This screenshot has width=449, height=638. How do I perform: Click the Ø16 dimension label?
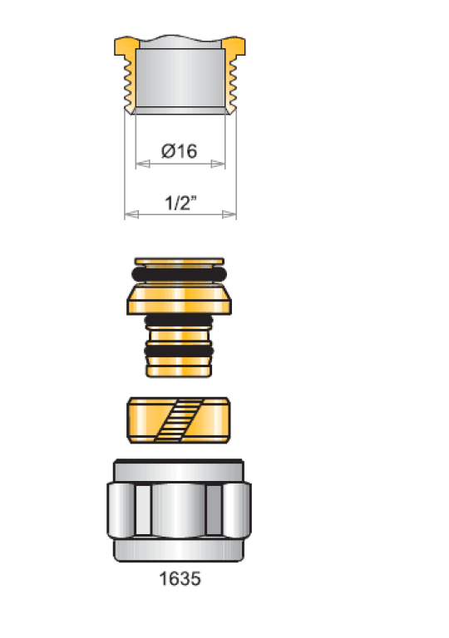[x=180, y=151]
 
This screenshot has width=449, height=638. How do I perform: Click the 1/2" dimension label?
[x=180, y=203]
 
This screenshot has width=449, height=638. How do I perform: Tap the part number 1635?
[x=180, y=578]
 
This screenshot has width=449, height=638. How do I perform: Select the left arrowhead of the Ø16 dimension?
[x=143, y=164]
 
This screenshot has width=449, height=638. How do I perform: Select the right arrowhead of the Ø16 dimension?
[x=218, y=164]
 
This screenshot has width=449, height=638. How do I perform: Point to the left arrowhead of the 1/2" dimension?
[x=131, y=214]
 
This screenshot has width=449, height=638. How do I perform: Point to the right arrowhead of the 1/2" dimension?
[x=229, y=214]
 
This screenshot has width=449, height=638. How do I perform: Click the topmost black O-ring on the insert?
[x=180, y=274]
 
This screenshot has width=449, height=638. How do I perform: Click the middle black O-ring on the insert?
[x=179, y=321]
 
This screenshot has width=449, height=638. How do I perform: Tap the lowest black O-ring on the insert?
[x=179, y=351]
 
